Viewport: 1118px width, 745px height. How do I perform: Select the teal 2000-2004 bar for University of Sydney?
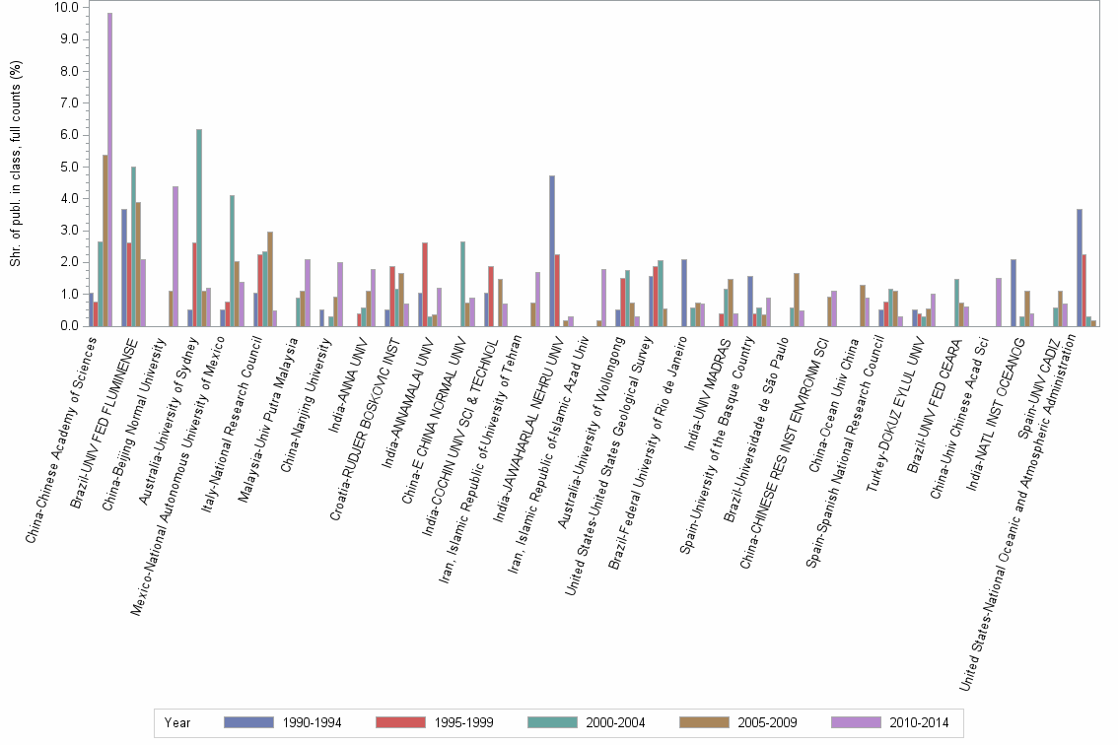pos(199,228)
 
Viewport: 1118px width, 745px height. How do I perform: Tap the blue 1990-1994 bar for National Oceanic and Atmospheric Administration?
pos(1080,267)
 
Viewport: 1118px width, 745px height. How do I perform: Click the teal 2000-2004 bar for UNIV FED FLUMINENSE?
pos(133,246)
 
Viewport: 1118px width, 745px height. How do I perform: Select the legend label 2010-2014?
pos(920,722)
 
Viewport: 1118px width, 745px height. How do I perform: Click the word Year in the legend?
pos(178,722)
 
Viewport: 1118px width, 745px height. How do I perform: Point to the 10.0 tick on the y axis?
pos(66,8)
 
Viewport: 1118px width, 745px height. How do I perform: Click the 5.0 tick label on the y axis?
pos(66,167)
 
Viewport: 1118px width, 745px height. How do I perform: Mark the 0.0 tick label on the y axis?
pos(66,326)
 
